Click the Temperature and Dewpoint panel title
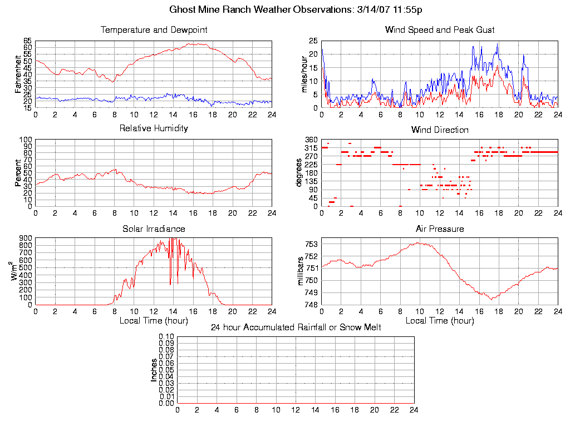pos(154,29)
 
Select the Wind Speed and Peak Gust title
pos(440,29)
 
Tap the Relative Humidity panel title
pos(154,128)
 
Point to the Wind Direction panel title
pos(440,130)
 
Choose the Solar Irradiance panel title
pos(154,229)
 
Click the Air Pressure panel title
pos(440,229)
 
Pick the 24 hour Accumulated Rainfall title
pos(296,327)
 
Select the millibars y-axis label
pos(301,271)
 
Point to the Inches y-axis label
pos(154,370)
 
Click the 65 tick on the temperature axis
pos(27,41)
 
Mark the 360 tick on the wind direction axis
pos(311,140)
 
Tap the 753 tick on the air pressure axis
pos(311,244)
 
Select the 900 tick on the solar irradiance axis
pos(26,239)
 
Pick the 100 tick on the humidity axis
pos(26,140)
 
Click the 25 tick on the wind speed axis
pos(313,41)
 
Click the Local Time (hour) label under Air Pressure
pos(440,320)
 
